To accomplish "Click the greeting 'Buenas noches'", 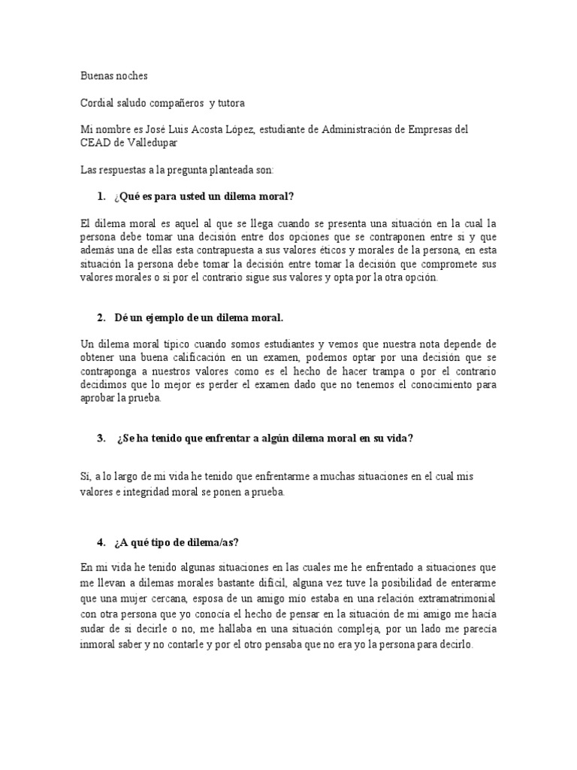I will pos(114,76).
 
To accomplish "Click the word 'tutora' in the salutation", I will pos(229,103).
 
